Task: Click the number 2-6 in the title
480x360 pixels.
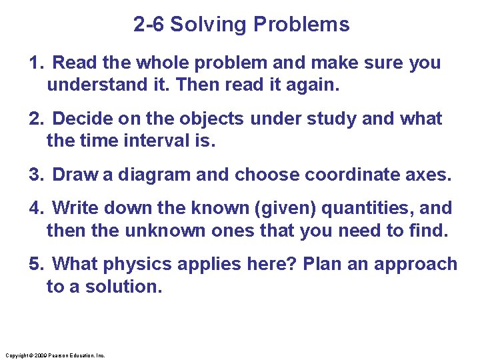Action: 149,25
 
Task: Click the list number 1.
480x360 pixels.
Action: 35,63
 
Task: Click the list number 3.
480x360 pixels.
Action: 35,175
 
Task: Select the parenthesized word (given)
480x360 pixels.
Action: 287,209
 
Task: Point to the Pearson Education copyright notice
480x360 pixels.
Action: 54,355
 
